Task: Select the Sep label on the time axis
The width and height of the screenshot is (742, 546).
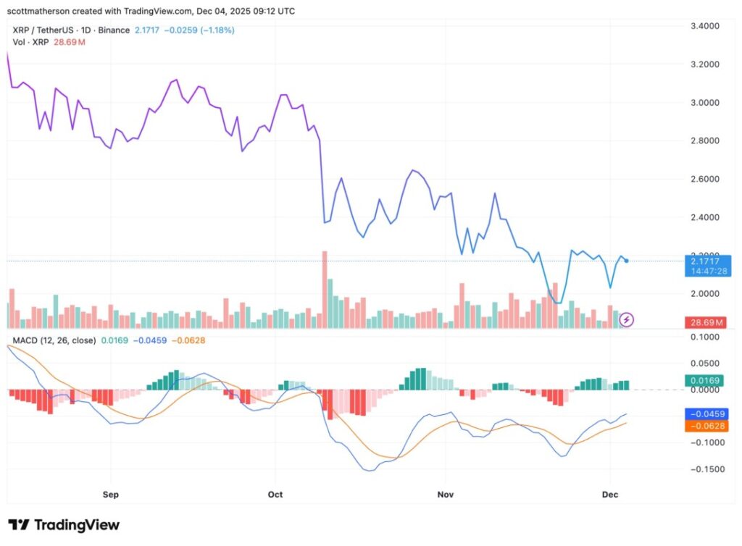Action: pyautogui.click(x=111, y=494)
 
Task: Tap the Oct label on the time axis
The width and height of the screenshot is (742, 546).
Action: pyautogui.click(x=275, y=494)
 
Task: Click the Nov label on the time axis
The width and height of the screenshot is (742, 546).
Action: pyautogui.click(x=446, y=494)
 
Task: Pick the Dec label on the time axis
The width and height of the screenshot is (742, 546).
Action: pyautogui.click(x=610, y=494)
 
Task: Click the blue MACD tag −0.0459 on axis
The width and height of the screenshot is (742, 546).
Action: pyautogui.click(x=705, y=413)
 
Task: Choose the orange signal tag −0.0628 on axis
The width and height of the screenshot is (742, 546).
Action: pyautogui.click(x=705, y=426)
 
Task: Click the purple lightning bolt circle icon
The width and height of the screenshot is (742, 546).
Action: pyautogui.click(x=628, y=319)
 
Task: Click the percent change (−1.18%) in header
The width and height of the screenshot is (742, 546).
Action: pyautogui.click(x=216, y=30)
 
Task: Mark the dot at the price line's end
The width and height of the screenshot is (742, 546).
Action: pyautogui.click(x=626, y=261)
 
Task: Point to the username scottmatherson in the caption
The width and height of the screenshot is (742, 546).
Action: pyautogui.click(x=43, y=11)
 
